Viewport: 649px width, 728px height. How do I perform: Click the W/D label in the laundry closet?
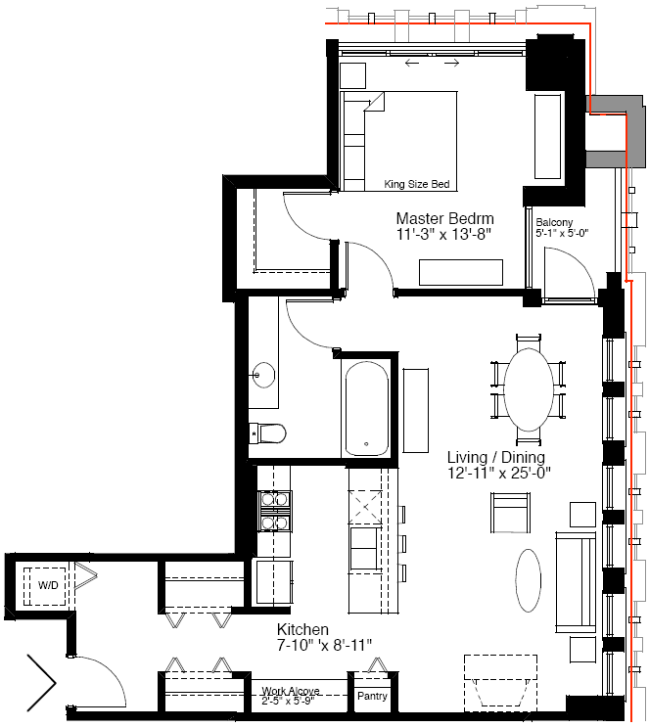click(x=48, y=585)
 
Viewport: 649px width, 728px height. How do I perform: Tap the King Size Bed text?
click(x=417, y=184)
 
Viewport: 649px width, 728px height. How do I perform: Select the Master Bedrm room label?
click(x=444, y=218)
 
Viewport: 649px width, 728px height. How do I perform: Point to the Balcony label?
click(x=554, y=222)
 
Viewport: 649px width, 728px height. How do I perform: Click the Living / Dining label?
click(x=496, y=457)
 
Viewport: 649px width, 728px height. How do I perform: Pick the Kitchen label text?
click(x=302, y=629)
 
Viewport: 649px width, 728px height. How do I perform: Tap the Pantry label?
click(x=372, y=696)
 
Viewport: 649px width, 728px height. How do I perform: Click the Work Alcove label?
click(x=291, y=691)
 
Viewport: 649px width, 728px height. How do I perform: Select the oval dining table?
click(x=529, y=389)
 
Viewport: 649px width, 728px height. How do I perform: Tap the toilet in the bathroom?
click(x=267, y=433)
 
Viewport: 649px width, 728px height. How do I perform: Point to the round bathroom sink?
click(x=263, y=375)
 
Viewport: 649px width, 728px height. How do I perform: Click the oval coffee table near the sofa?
click(x=529, y=580)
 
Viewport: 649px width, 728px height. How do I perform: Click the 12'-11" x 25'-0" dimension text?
click(x=499, y=474)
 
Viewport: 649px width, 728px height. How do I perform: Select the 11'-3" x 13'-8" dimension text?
click(x=443, y=235)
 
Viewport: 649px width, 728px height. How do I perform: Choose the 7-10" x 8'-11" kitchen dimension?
click(x=324, y=646)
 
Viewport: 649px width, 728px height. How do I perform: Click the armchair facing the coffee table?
click(x=510, y=513)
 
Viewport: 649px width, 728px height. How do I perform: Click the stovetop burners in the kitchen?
click(x=274, y=511)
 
